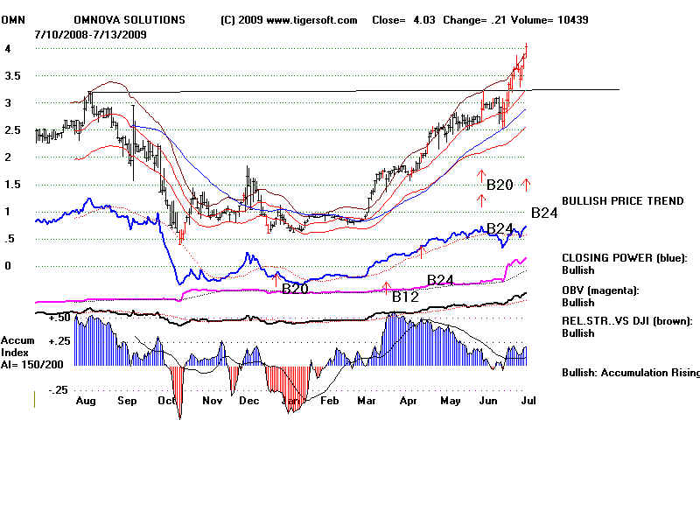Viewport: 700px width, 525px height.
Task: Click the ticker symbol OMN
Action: (13, 19)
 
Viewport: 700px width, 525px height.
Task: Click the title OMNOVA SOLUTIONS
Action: (129, 19)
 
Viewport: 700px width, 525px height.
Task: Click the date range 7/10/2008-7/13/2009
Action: (91, 33)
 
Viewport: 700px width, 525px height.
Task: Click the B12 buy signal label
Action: (405, 297)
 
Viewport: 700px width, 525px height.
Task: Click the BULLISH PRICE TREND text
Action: (622, 201)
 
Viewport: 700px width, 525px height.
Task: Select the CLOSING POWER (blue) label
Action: (624, 258)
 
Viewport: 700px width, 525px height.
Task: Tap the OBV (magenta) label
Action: (604, 290)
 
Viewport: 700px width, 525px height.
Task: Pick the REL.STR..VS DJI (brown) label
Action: (626, 321)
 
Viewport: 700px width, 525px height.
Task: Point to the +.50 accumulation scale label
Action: (36, 318)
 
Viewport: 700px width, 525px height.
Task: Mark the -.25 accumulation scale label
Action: (35, 389)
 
